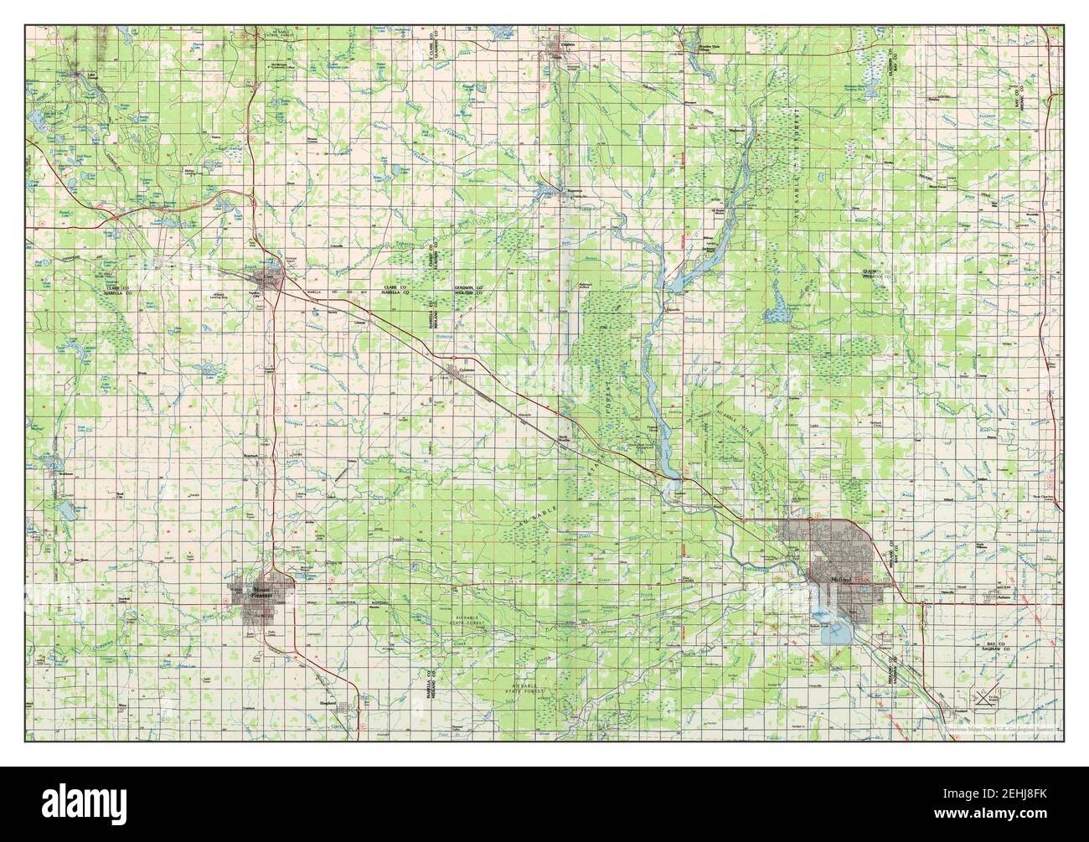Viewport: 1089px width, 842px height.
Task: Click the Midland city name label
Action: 839,579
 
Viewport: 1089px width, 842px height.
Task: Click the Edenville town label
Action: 672,308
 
